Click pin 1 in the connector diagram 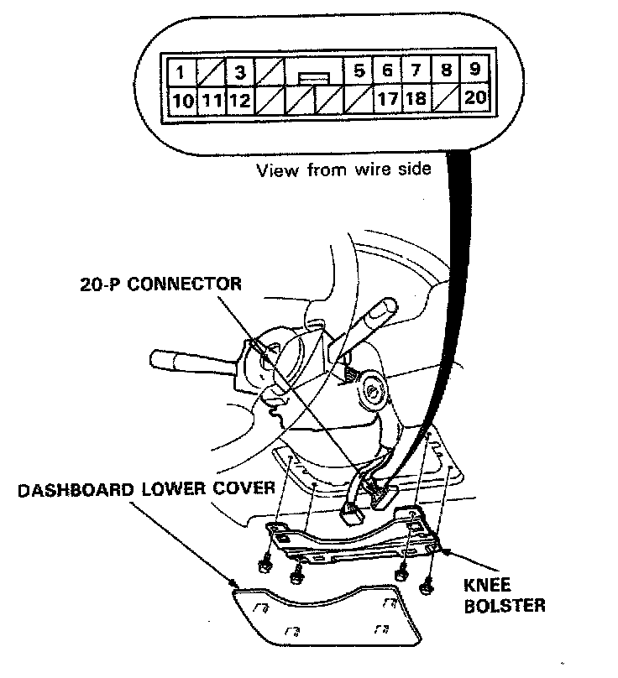point(182,71)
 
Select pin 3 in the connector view point(241,71)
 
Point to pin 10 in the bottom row point(182,101)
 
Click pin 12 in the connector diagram point(240,101)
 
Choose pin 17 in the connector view point(387,100)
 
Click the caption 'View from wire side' point(343,170)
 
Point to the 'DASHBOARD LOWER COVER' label point(147,489)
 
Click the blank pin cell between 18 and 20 point(446,100)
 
